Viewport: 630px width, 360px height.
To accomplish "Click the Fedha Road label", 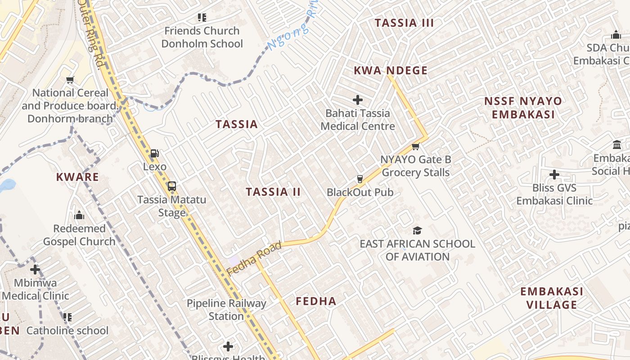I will tap(254, 258).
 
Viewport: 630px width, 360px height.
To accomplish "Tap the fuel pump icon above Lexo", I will tap(154, 153).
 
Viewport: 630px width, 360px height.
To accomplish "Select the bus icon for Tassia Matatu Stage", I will tap(171, 186).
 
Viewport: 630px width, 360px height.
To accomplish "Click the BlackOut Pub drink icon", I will tap(360, 179).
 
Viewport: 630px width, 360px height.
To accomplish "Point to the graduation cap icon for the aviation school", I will tap(417, 231).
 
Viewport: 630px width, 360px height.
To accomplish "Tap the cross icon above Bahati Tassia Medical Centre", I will tap(358, 100).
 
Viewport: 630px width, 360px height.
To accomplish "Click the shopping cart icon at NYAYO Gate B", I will tap(415, 146).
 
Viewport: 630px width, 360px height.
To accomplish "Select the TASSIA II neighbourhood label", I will tap(273, 192).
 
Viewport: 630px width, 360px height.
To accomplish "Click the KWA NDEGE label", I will tap(391, 71).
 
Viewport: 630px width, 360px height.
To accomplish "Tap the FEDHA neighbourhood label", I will tap(316, 301).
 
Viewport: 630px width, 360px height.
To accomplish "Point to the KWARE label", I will tap(77, 177).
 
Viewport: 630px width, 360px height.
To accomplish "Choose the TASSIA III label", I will tap(404, 23).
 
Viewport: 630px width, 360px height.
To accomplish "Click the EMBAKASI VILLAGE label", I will tap(552, 298).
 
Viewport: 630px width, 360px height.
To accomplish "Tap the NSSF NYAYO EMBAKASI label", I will tap(523, 108).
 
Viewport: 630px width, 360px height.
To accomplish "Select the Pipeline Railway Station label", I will tap(226, 310).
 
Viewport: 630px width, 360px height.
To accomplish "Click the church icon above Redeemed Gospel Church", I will tap(80, 215).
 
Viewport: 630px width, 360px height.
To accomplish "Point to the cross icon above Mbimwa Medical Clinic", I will tap(35, 270).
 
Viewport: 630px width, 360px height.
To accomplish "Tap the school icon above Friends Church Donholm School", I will tap(202, 18).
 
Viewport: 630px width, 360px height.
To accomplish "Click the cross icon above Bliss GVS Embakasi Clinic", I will tap(554, 175).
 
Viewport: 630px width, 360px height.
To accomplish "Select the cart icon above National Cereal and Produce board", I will tap(70, 80).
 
